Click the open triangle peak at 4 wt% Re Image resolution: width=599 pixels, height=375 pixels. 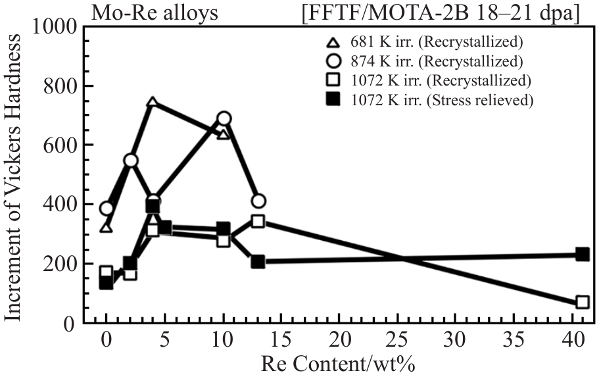point(153,103)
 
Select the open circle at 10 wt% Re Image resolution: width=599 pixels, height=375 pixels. point(224,118)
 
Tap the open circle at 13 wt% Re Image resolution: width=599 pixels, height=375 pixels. point(258,201)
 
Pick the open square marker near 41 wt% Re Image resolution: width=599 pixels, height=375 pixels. point(582,302)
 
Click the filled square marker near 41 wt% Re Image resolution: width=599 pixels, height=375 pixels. point(582,255)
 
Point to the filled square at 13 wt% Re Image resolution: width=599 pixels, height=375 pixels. point(258,262)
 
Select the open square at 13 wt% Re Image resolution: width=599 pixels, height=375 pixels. point(258,221)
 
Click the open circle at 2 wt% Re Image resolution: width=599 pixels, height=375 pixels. point(130,161)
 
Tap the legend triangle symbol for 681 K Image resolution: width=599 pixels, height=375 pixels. point(333,43)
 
